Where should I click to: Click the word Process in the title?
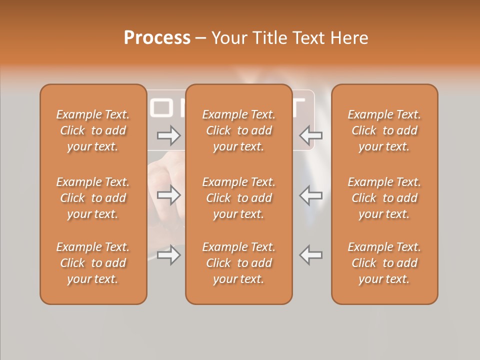pyautogui.click(x=157, y=38)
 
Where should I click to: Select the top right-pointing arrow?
pyautogui.click(x=169, y=135)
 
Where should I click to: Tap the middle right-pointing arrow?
pyautogui.click(x=169, y=195)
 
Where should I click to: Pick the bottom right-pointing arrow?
pyautogui.click(x=169, y=255)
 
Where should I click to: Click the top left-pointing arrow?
pyautogui.click(x=311, y=135)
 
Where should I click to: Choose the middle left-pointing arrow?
pyautogui.click(x=311, y=195)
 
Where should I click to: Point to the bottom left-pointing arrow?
pyautogui.click(x=311, y=255)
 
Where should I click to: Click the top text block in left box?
pyautogui.click(x=93, y=130)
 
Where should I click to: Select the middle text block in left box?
pyautogui.click(x=93, y=198)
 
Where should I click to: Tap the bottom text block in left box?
pyautogui.click(x=93, y=263)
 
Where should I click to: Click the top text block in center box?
pyautogui.click(x=239, y=130)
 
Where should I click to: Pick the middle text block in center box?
pyautogui.click(x=239, y=198)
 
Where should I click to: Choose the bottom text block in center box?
pyautogui.click(x=239, y=263)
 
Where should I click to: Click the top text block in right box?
pyautogui.click(x=384, y=130)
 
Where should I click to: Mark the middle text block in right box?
pyautogui.click(x=384, y=198)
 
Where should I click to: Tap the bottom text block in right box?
pyautogui.click(x=384, y=263)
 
